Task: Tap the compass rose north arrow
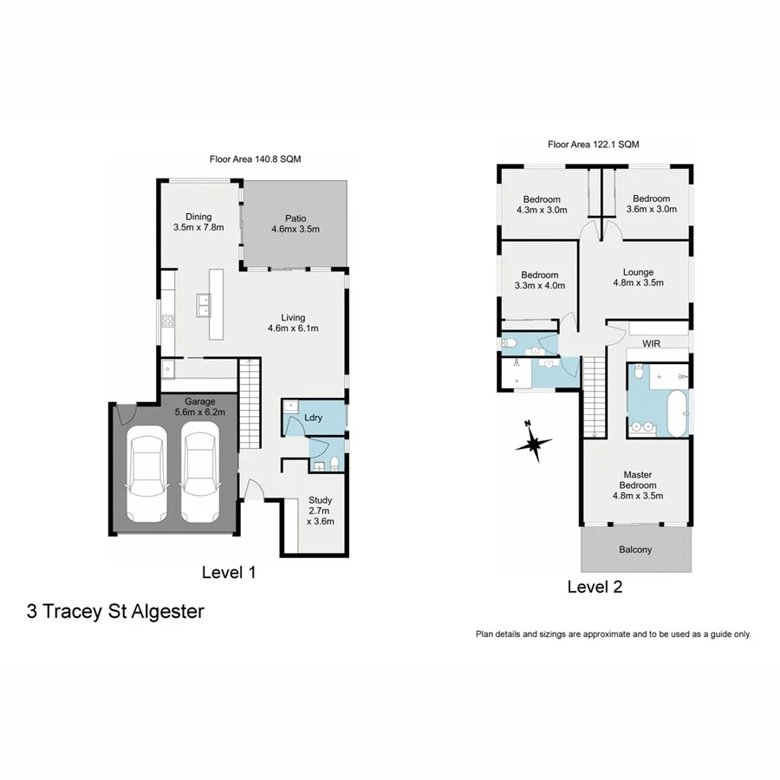tap(533, 443)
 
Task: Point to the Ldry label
tap(313, 418)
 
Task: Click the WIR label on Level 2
tap(653, 344)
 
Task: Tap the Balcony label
tap(635, 549)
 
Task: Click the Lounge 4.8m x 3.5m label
tap(638, 277)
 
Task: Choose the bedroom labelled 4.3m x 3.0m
tap(541, 204)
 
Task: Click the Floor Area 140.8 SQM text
tap(255, 159)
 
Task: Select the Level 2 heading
tap(595, 587)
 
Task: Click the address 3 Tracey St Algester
tap(115, 612)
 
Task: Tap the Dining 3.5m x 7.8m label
tap(198, 222)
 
